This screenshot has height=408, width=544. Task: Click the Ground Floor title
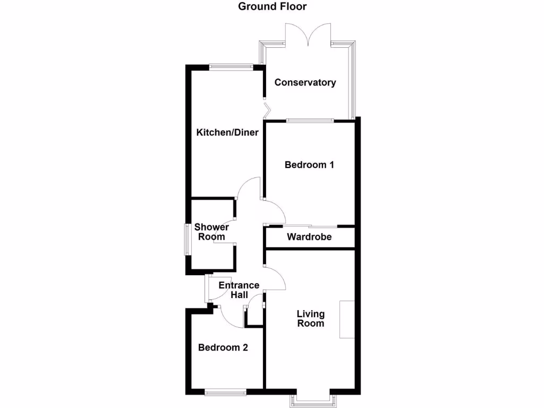(x=272, y=7)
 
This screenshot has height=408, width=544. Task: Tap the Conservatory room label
(x=305, y=82)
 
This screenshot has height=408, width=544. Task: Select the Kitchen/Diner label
(x=227, y=132)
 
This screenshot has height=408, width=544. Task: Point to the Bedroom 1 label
(x=309, y=165)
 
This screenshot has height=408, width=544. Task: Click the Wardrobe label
(x=309, y=237)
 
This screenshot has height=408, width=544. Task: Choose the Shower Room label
(x=211, y=232)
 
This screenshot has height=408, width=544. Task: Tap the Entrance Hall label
(x=239, y=290)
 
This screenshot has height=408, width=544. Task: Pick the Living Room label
(x=311, y=318)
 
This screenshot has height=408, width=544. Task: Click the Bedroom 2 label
(x=223, y=348)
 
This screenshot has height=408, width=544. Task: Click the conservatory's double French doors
(x=309, y=35)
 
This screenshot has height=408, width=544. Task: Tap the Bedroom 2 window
(x=225, y=393)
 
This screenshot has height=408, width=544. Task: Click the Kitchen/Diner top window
(x=231, y=66)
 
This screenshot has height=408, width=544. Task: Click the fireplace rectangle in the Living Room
(x=347, y=319)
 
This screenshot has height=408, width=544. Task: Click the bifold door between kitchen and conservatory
(x=267, y=110)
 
